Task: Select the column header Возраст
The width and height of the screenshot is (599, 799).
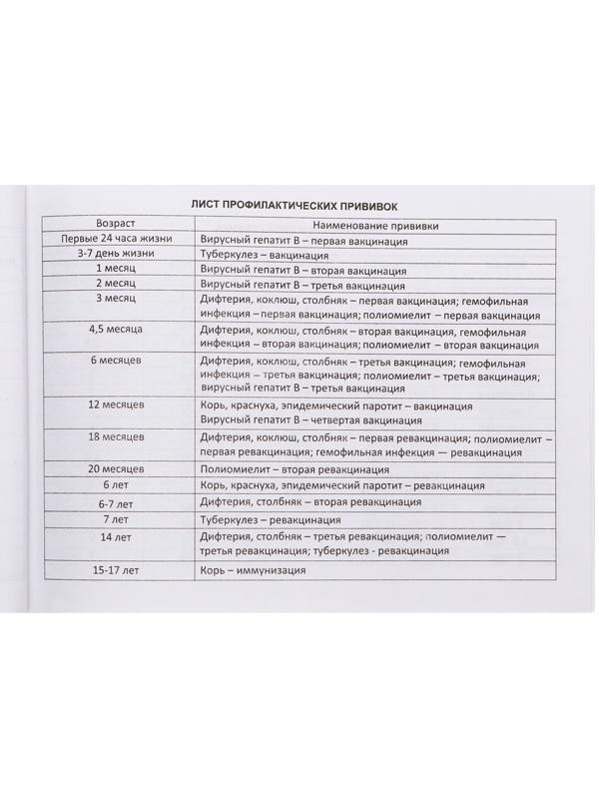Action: (116, 224)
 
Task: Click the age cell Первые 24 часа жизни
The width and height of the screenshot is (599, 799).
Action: (118, 241)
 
